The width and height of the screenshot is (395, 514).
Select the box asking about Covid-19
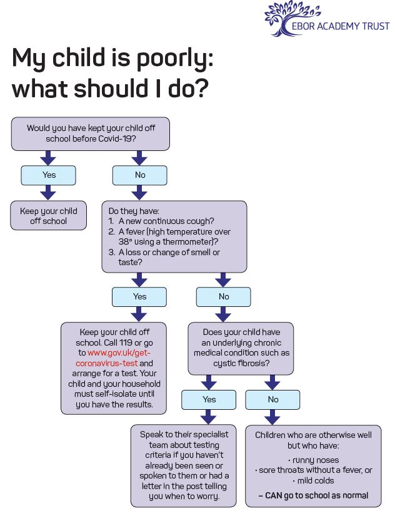90,133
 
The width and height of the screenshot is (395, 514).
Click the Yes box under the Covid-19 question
48,175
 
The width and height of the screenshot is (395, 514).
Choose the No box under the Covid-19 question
139,175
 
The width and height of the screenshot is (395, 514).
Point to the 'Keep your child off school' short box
49,215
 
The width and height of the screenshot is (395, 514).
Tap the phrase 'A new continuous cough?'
166,221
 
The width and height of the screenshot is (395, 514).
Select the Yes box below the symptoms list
139,297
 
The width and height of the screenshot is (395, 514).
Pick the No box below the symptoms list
224,297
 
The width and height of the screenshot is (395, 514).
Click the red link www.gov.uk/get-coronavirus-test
112,358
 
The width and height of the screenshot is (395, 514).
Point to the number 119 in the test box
126,343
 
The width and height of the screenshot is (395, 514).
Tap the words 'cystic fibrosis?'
241,364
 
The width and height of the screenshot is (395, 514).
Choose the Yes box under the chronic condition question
209,400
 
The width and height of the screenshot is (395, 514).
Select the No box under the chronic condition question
272,400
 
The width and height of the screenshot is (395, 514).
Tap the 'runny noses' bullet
313,460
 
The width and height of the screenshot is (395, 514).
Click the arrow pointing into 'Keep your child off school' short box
48,192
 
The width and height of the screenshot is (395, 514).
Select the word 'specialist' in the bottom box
207,435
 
